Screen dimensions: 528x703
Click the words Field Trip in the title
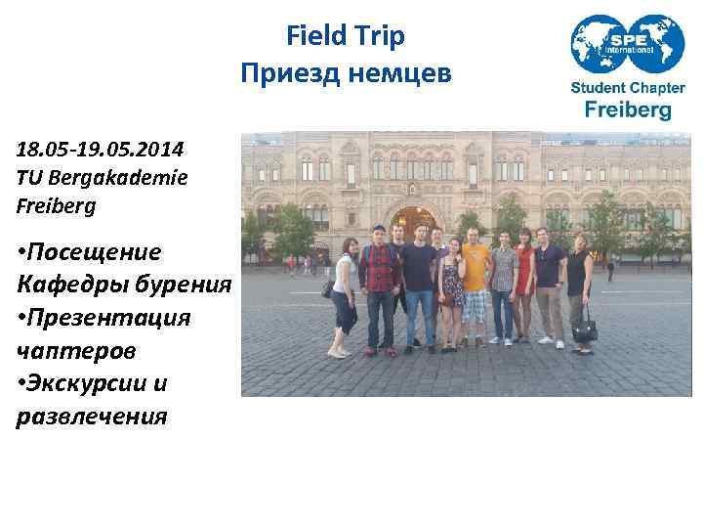[x=346, y=37]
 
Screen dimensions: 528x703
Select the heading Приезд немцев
[x=346, y=73]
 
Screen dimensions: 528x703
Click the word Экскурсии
[x=104, y=383]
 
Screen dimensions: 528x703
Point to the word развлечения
[x=92, y=417]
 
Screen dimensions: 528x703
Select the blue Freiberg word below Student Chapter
[x=627, y=110]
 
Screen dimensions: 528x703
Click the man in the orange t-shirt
[x=475, y=284]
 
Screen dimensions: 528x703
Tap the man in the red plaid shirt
[x=379, y=284]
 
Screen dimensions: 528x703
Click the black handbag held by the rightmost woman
[x=584, y=330]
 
